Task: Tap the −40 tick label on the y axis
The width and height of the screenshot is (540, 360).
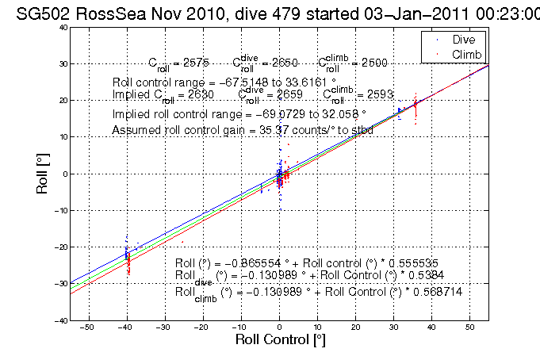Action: [59, 320]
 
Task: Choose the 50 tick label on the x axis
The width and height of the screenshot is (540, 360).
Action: [469, 327]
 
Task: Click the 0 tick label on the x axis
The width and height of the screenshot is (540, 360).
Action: [279, 327]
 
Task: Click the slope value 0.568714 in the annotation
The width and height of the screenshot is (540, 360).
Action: [437, 292]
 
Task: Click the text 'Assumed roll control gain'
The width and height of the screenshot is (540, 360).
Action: [167, 130]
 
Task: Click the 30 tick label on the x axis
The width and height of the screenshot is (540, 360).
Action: [393, 327]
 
